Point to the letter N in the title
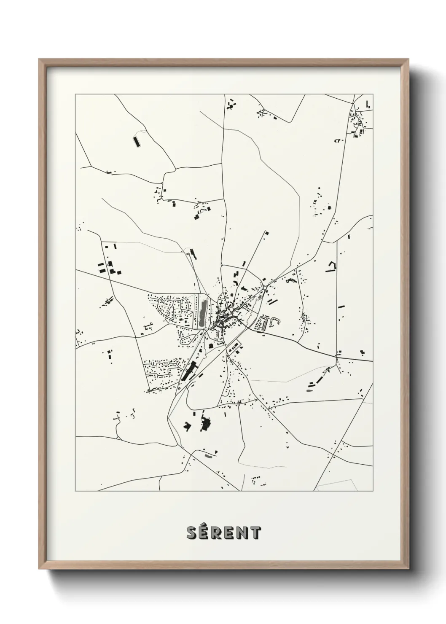[x=242, y=533]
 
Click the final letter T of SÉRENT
[x=255, y=533]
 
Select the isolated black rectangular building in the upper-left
[x=136, y=141]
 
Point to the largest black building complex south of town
[x=206, y=423]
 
